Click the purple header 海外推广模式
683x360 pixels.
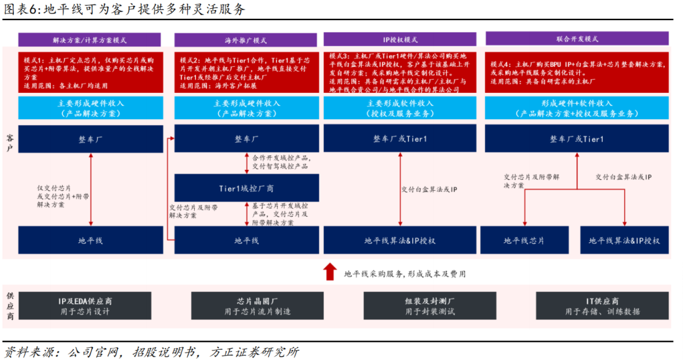(245, 40)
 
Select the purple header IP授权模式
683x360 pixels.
(400, 39)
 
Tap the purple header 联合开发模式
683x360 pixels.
(577, 39)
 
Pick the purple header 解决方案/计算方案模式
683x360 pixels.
(89, 40)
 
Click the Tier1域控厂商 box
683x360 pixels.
(247, 188)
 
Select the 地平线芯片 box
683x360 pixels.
(524, 240)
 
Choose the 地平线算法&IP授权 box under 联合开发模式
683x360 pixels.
(624, 240)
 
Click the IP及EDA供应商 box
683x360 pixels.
(85, 306)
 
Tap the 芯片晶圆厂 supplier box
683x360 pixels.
(257, 306)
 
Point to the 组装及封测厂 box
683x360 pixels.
(430, 306)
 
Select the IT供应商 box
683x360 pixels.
(602, 306)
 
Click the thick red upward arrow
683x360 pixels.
(329, 272)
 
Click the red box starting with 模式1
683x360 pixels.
(90, 72)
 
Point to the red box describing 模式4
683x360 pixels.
(577, 72)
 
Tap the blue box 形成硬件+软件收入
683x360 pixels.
(577, 108)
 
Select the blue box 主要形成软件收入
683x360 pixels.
(400, 108)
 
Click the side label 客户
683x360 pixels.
(9, 143)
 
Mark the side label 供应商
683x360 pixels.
(10, 306)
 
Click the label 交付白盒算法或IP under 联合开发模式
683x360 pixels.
(624, 177)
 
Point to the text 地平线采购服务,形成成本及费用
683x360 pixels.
(405, 274)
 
